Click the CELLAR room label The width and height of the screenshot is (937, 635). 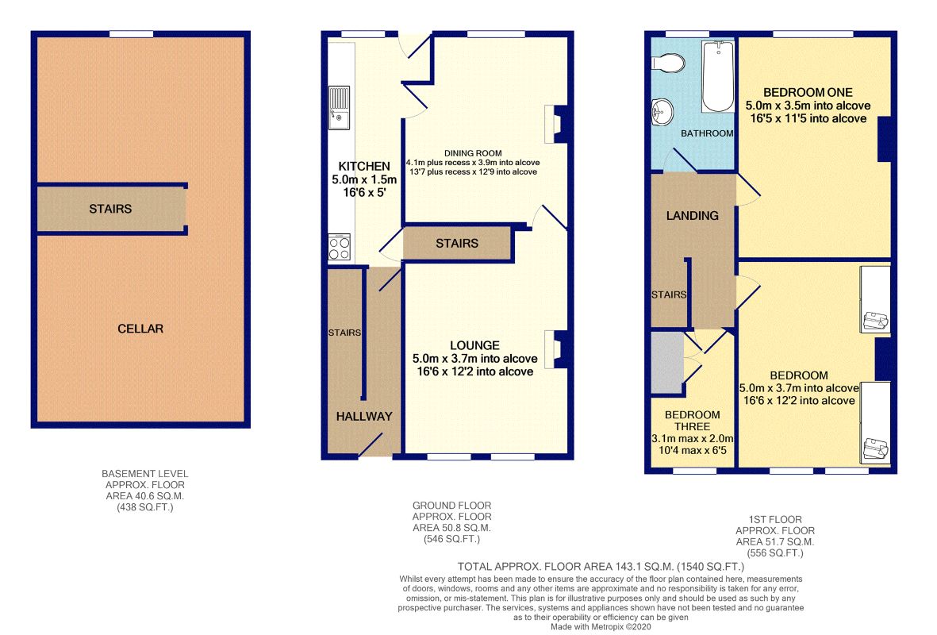tap(140, 329)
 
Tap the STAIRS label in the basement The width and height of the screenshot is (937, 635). tap(110, 209)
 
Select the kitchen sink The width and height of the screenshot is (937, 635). tap(339, 108)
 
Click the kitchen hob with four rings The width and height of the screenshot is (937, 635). tap(339, 247)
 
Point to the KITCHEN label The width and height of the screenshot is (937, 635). tap(364, 166)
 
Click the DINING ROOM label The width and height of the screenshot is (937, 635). tap(473, 153)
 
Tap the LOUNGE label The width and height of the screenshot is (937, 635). tap(474, 345)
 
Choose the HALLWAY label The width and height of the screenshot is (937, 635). tap(364, 416)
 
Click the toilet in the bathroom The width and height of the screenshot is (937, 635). tap(668, 62)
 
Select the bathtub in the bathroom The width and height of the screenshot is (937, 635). tap(718, 76)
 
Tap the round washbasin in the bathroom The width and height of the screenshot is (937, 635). tap(662, 113)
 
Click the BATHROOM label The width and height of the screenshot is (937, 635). tap(707, 133)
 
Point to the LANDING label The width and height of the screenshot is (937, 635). tap(693, 215)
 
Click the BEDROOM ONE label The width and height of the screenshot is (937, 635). tap(808, 92)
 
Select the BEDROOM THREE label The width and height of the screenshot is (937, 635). tap(692, 421)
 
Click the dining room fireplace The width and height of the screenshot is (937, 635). tap(555, 124)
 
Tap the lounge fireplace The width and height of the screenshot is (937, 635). tap(555, 349)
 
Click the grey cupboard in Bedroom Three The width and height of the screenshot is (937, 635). tap(667, 363)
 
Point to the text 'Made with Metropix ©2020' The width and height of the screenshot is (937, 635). tap(601, 626)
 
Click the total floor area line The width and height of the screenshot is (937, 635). tap(601, 566)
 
